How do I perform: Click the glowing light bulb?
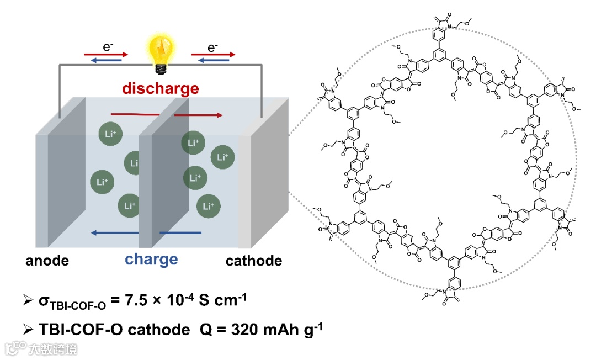point(159,53)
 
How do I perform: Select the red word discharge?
point(160,88)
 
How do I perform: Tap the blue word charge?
point(151,259)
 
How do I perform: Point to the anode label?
point(47,261)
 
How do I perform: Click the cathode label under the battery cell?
point(253,261)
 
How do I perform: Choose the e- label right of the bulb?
point(212,47)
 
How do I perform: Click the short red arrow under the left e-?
point(105,55)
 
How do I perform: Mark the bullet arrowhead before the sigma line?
point(29,301)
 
